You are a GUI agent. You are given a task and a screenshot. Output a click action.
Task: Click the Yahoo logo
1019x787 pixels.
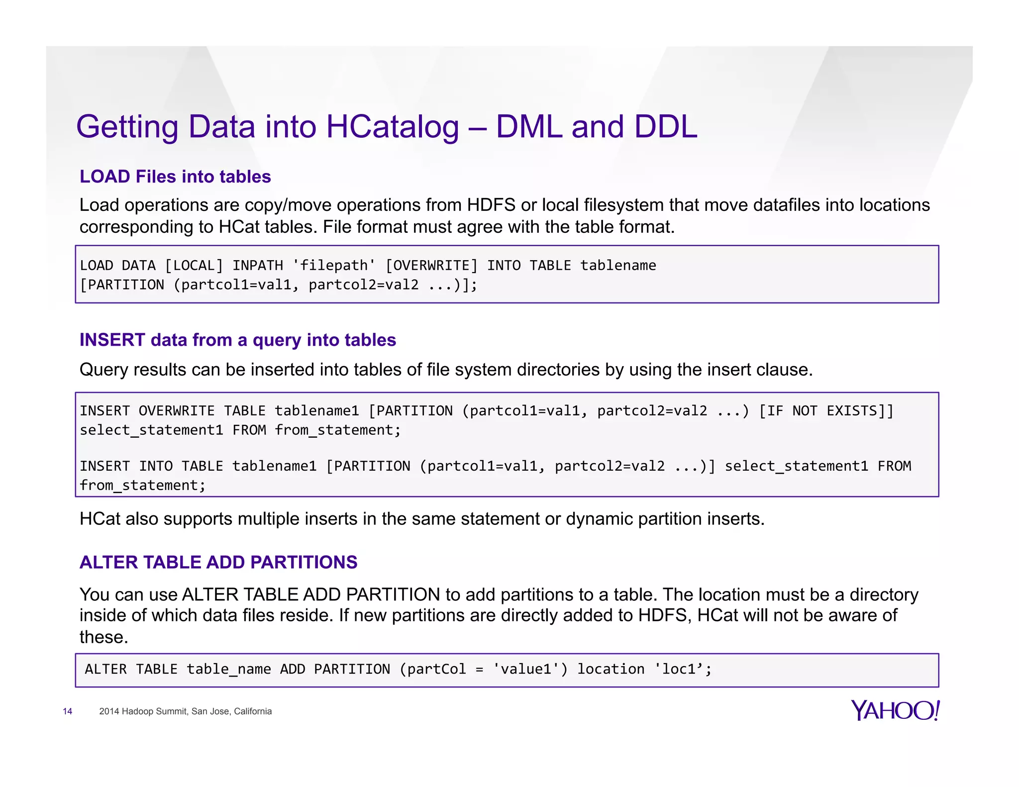tap(895, 710)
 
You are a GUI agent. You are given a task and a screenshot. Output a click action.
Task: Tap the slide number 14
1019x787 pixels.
tap(68, 711)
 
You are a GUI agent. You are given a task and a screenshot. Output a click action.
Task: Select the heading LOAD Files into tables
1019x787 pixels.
tap(175, 177)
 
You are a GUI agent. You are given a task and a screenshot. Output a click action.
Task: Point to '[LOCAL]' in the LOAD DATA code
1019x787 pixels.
tap(194, 265)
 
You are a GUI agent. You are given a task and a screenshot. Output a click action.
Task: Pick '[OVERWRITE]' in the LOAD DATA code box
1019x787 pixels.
tap(431, 265)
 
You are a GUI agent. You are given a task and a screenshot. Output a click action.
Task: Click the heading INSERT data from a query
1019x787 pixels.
tap(237, 340)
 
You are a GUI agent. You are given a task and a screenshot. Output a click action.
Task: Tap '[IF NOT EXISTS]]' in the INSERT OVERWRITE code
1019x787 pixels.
tap(826, 411)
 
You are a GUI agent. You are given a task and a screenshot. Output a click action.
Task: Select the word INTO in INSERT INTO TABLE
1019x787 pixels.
tap(156, 466)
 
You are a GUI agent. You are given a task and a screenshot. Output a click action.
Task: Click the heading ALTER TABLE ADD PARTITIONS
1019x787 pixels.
tap(218, 562)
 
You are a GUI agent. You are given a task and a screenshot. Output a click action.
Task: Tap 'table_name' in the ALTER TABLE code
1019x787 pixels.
tap(228, 669)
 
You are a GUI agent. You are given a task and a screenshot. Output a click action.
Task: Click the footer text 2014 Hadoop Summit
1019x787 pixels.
tap(185, 711)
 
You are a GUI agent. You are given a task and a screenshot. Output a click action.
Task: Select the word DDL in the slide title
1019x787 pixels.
tap(665, 127)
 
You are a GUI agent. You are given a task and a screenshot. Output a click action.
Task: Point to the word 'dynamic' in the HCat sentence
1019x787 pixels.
tap(599, 519)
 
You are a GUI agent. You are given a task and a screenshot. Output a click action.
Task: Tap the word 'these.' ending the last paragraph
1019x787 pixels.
tap(103, 637)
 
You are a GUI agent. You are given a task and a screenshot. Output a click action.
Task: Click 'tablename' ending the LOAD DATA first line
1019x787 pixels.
tap(618, 265)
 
